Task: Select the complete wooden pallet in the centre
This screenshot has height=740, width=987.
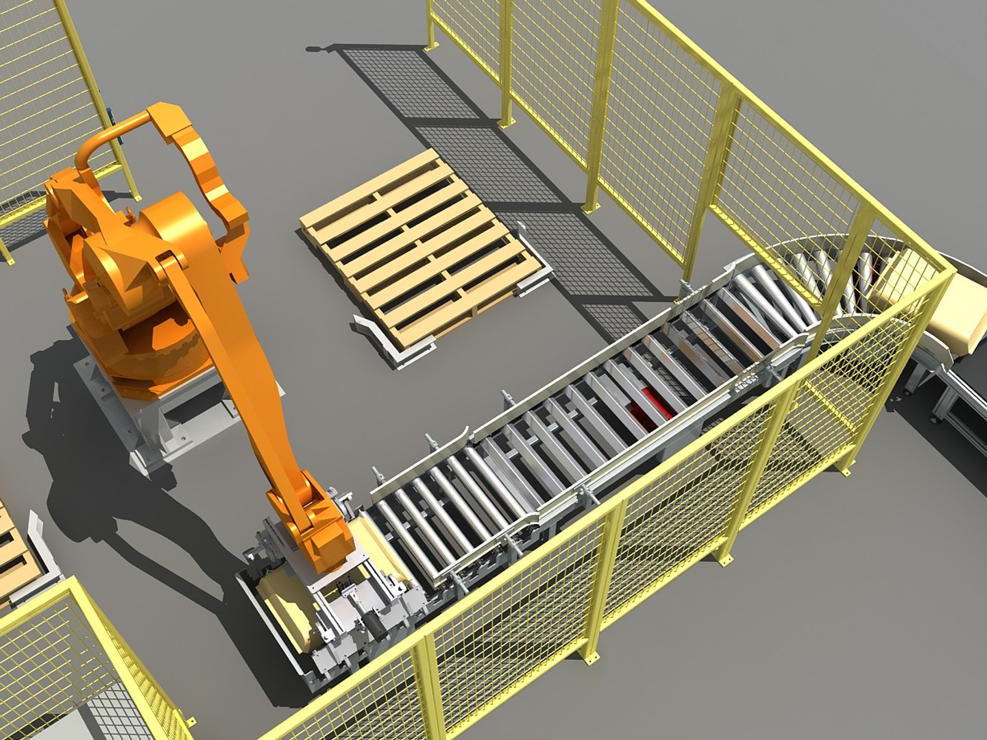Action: [x=418, y=247]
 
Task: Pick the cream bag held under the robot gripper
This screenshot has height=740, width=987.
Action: [x=288, y=610]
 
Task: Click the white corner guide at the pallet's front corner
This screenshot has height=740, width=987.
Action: [x=384, y=343]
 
